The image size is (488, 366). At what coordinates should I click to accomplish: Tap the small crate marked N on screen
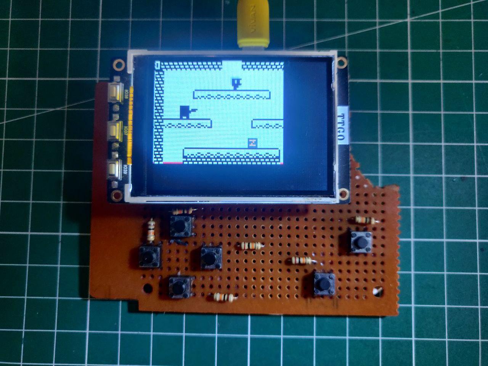pos(252,143)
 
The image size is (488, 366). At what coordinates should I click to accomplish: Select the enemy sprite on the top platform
pos(236,83)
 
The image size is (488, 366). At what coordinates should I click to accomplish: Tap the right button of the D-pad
pos(211,257)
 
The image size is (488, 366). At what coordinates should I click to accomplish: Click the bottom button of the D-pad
pos(180,287)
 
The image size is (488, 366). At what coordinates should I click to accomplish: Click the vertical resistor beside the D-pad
pos(151,230)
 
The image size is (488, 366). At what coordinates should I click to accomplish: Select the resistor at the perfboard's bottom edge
pos(225,297)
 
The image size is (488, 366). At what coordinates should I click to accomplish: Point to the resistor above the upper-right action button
pos(364,220)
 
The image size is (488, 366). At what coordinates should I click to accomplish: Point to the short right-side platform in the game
pos(268,123)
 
